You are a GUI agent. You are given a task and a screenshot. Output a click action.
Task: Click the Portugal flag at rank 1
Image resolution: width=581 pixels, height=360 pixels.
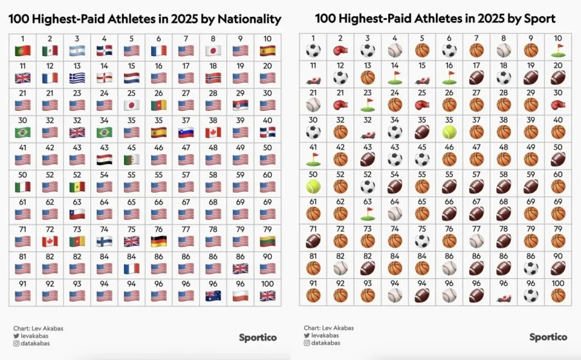[x=23, y=50]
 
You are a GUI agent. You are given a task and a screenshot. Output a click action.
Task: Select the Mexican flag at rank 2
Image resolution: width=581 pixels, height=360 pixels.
[x=50, y=50]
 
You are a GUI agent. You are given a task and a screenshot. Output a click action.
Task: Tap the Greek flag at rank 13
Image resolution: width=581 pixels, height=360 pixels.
[x=77, y=77]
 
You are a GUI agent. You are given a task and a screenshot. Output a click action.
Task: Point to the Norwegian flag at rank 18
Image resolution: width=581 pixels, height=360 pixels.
[x=213, y=77]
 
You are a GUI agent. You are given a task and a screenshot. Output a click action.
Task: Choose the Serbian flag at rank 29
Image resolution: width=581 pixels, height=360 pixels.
[x=240, y=105]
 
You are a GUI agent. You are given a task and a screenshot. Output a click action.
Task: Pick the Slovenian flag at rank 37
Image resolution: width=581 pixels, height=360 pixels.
[x=186, y=132]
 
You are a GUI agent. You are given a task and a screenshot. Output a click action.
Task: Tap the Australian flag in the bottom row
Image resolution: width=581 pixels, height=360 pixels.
[x=213, y=295]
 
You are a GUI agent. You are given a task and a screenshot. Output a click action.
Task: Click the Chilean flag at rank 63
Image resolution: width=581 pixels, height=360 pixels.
[x=77, y=214]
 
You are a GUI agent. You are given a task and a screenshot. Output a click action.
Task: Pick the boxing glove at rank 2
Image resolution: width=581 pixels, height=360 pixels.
[x=340, y=50]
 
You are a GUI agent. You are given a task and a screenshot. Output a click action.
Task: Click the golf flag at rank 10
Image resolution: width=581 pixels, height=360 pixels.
[x=558, y=50]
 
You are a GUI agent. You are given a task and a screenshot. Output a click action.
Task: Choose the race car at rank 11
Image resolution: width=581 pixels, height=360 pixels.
[x=313, y=77]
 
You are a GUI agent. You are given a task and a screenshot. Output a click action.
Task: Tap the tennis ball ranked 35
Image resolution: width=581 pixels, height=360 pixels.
[x=449, y=132]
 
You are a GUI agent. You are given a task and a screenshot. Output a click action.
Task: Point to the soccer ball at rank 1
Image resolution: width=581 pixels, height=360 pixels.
[x=313, y=50]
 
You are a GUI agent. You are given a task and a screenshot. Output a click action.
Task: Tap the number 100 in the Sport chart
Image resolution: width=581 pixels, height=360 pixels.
[x=558, y=283]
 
